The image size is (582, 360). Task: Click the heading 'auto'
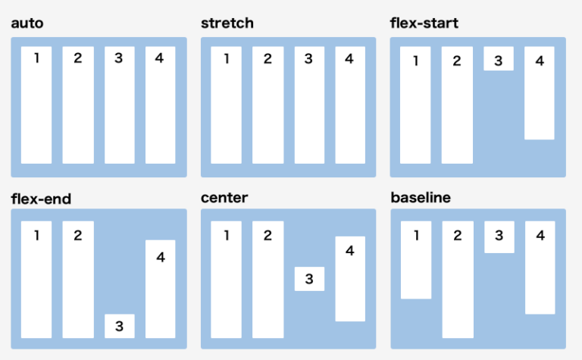(27, 23)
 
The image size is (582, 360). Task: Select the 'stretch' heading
(227, 23)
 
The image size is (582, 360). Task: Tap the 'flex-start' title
(424, 23)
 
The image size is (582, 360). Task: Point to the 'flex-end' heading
(42, 199)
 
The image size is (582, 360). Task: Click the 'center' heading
(224, 199)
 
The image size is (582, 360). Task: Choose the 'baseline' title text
(421, 199)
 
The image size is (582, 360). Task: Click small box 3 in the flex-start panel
(499, 59)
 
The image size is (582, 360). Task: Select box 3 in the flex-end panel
(120, 326)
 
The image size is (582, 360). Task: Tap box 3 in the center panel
(309, 279)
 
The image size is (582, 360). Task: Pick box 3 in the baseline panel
(499, 236)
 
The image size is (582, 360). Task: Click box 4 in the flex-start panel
(540, 93)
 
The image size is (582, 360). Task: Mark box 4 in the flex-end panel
(161, 289)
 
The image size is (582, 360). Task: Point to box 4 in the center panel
(350, 279)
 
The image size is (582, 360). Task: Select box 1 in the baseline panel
(416, 260)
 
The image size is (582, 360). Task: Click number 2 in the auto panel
(78, 58)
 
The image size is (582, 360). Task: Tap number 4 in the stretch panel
(349, 58)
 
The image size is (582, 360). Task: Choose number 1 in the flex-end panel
(36, 235)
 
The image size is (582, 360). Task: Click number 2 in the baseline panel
(458, 236)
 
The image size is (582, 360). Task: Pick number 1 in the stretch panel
(227, 58)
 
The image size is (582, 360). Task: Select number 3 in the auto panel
(119, 58)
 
